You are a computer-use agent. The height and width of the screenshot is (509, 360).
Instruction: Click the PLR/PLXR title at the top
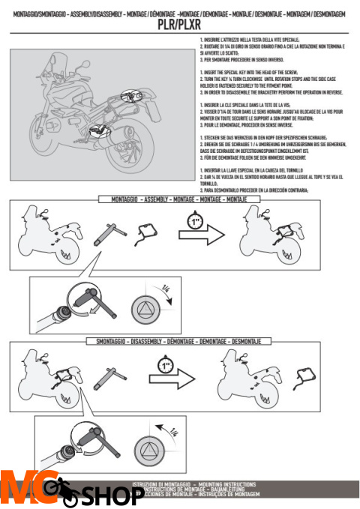click(x=179, y=23)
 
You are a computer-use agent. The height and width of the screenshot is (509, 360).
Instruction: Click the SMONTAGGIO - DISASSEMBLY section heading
click(x=180, y=342)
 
